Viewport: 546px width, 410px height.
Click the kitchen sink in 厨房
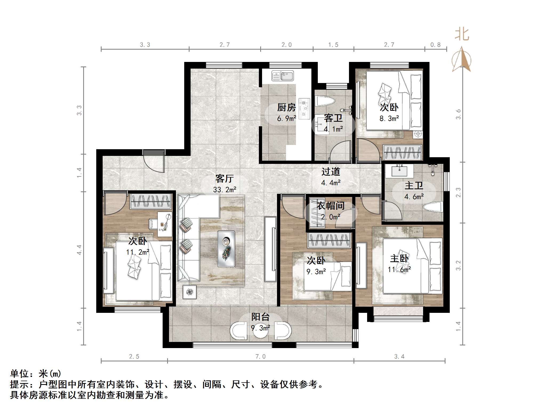coord(283,76)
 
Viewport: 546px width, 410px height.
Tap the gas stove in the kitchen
coord(304,108)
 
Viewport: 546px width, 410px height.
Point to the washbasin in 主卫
coord(399,171)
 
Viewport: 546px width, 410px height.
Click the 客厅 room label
coord(224,178)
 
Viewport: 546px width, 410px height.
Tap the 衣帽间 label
coord(330,206)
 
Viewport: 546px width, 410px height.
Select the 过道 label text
coord(331,172)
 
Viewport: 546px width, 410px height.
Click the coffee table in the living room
coord(226,249)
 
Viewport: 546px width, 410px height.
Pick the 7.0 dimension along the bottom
coord(260,357)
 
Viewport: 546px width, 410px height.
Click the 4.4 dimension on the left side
coord(79,250)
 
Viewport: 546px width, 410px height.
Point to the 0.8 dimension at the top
coord(435,45)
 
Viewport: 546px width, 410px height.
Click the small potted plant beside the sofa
coord(190,292)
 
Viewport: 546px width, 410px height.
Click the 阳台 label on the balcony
coord(260,317)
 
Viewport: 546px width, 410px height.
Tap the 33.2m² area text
coord(224,190)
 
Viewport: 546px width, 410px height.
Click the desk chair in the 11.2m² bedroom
coord(153,224)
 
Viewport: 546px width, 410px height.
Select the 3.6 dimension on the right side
coord(458,114)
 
